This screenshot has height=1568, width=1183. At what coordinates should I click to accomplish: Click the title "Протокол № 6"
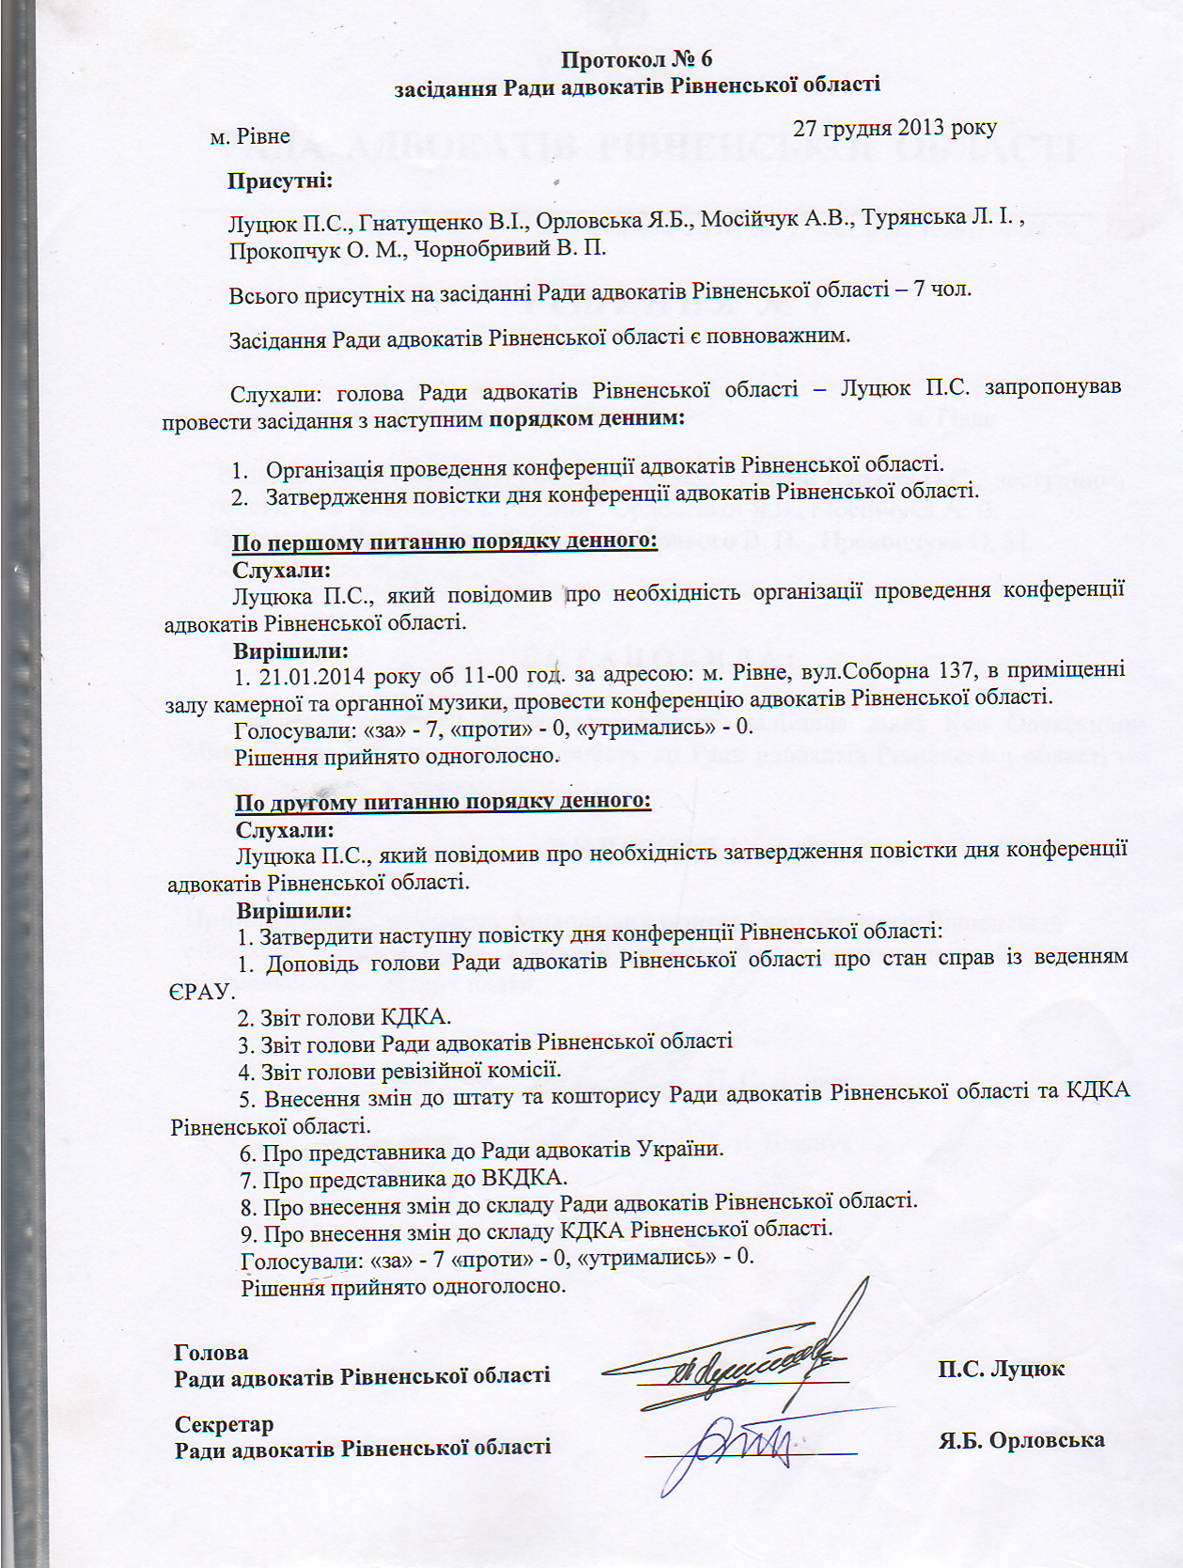point(636,59)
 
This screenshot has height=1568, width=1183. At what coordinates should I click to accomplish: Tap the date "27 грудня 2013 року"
point(894,128)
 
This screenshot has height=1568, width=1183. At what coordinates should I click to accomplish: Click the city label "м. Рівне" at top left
point(250,136)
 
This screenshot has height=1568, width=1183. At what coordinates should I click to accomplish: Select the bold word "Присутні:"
point(279,180)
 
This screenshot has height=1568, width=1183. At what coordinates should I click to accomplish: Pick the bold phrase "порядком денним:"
point(586,418)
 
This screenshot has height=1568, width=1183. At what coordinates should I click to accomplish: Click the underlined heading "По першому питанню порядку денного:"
point(444,542)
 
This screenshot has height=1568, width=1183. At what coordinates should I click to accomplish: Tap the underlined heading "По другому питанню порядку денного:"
point(443,802)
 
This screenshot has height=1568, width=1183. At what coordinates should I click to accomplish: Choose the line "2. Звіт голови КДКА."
point(344,1017)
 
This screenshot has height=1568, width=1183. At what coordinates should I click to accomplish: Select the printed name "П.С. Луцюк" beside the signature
point(1001,1369)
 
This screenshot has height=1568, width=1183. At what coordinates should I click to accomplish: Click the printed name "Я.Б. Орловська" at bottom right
point(1021,1440)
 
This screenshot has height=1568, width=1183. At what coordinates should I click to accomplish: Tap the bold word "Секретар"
point(224,1424)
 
